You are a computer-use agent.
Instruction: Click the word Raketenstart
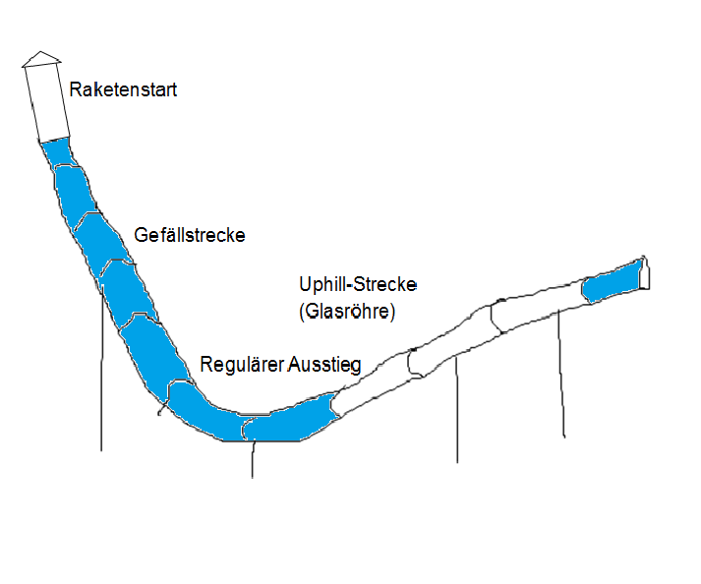coord(123,90)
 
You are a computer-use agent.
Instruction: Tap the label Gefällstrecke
coord(189,236)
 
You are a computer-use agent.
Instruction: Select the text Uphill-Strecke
coord(358,284)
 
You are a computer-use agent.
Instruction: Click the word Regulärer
coord(241,365)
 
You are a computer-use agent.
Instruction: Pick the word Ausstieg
coord(325,365)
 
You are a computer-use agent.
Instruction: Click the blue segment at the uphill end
coord(612,282)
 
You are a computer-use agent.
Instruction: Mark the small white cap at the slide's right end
coord(645,276)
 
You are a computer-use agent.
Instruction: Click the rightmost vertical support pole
coord(561,374)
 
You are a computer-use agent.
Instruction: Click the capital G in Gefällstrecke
coord(140,236)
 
